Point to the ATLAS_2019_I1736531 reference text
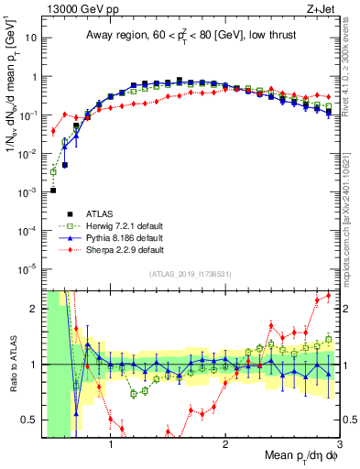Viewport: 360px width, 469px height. tap(189, 275)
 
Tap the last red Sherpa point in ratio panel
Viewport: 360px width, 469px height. tap(329, 295)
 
